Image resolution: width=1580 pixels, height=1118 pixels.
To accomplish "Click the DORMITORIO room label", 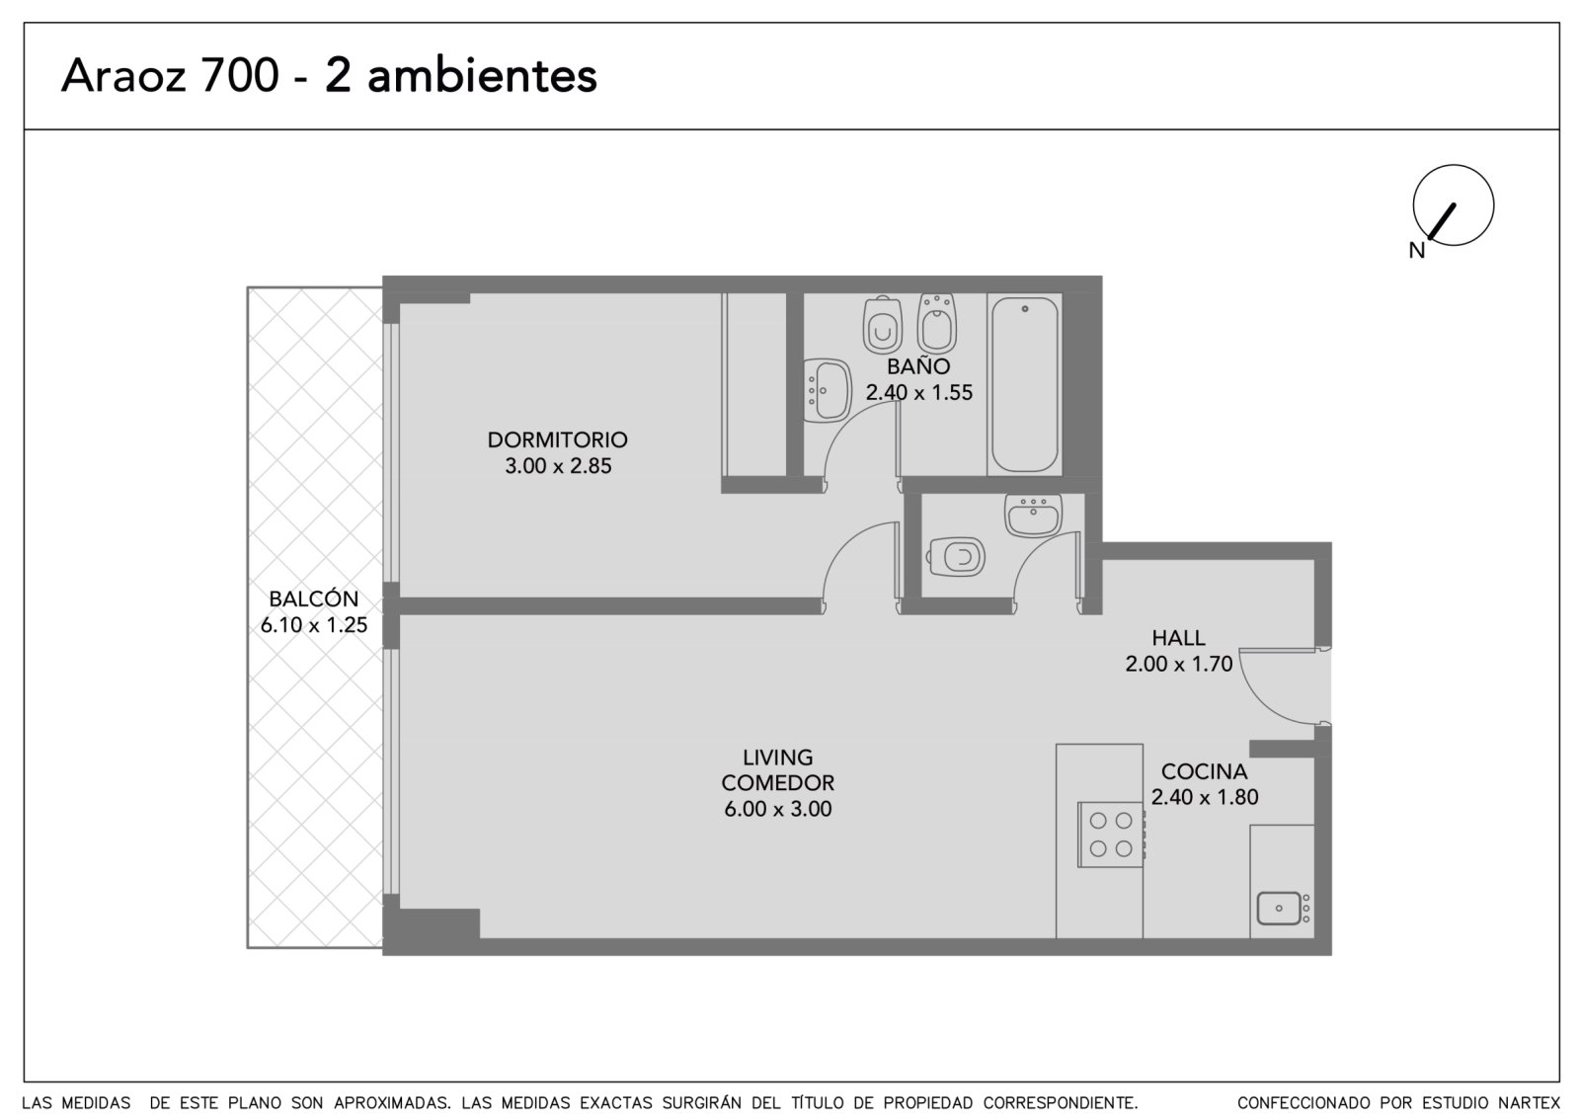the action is point(557,439).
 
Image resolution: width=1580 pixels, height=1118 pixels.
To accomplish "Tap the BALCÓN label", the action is point(314,599).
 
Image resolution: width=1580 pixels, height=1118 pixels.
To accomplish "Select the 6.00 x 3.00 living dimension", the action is point(777,808).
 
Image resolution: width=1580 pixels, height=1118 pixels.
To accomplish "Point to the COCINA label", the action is point(1204,771).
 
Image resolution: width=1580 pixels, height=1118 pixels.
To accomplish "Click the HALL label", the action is point(1178,638).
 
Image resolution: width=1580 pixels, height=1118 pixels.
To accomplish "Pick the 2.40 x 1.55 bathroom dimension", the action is point(918,392).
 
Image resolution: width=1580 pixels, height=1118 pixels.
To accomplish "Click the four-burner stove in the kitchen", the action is point(1110,834).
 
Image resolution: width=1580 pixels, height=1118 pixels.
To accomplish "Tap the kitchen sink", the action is point(1284,908).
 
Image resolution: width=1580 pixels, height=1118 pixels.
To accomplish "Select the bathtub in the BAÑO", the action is point(1024,384).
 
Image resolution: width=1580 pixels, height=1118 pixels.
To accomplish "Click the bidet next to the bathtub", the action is point(937,324).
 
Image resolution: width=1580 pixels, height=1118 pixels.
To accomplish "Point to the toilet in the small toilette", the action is point(957,557).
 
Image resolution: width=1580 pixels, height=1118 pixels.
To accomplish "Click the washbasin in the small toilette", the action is point(1033,515).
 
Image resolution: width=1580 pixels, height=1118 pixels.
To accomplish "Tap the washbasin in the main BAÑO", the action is point(828,391).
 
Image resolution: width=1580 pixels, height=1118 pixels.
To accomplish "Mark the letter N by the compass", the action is point(1416,251).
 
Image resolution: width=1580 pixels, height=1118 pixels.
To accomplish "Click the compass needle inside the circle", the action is point(1442,221).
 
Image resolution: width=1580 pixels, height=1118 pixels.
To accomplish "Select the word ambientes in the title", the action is point(482,75).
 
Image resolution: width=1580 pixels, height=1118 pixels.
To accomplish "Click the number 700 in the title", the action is point(240,75).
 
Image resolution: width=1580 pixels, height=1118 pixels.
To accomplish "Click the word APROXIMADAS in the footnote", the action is point(392,1102).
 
